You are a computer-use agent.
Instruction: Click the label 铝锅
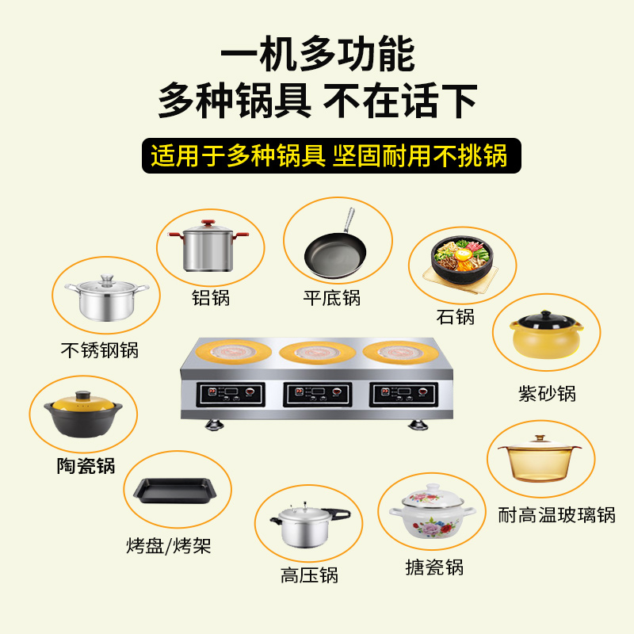point(211,299)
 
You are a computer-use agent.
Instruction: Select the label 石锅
point(456,317)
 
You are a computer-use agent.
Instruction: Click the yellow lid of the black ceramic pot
point(81,401)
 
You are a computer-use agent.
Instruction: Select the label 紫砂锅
point(547,393)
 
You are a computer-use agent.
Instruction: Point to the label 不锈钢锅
point(100,349)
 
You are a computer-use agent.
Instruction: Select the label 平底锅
point(332,298)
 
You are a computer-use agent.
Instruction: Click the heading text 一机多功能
point(317,56)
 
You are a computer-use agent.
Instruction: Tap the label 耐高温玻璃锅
point(557,515)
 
